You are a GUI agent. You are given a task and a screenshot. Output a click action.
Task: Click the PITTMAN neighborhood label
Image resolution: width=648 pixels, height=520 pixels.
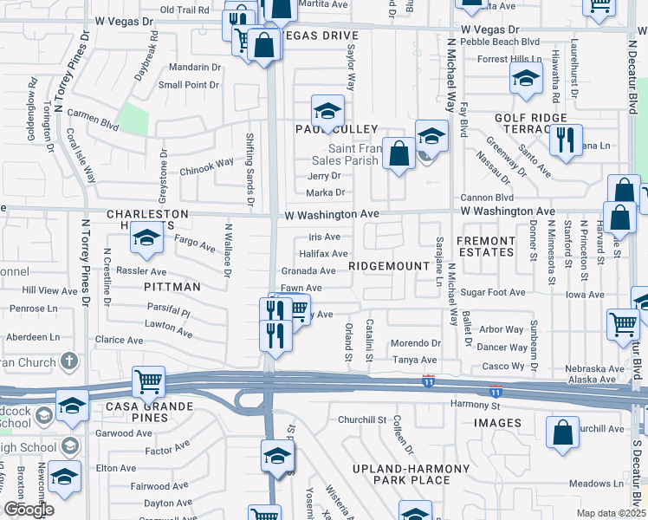coord(172,286)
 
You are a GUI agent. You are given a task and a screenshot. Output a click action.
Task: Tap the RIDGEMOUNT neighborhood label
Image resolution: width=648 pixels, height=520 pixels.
coord(389,266)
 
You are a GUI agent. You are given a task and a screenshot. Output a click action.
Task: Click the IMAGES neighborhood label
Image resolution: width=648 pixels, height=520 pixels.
coord(497,423)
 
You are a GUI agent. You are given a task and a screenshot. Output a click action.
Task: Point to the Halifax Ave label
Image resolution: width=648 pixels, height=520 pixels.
coord(324,254)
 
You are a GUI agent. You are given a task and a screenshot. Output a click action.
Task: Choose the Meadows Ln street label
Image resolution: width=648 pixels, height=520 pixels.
coord(596,484)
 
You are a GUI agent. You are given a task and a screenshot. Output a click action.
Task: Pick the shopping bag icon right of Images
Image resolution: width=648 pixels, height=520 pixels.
coord(562,431)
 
